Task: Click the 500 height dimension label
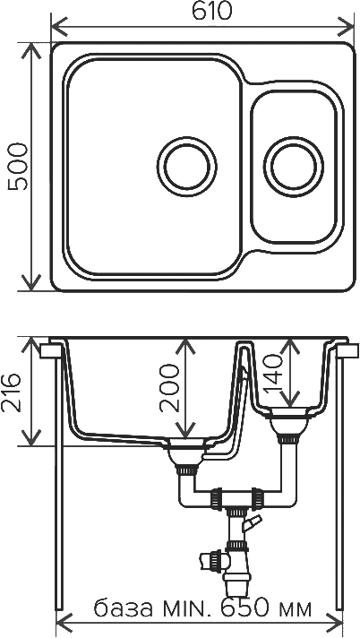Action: pos(18,167)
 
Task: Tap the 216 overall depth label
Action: pos(12,392)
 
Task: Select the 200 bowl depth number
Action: pos(169,388)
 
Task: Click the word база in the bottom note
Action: pos(124,608)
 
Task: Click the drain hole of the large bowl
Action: pos(186,166)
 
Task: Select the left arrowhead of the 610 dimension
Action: pos(59,28)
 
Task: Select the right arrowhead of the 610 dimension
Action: pos(347,28)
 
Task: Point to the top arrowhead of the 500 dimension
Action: pos(30,50)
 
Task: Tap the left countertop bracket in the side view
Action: pos(51,350)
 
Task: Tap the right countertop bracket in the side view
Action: pos(347,350)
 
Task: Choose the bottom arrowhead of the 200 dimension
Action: pos(185,430)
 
